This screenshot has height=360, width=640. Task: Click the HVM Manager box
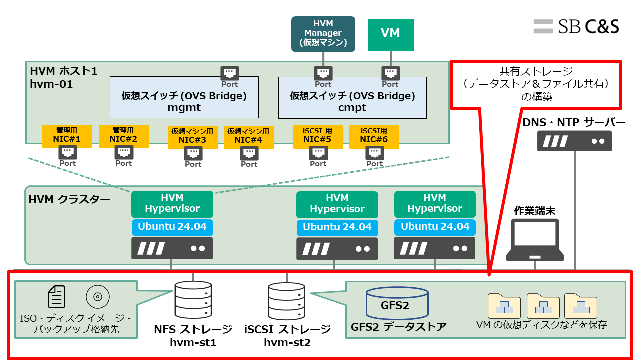click(323, 34)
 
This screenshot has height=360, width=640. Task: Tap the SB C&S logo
click(576, 26)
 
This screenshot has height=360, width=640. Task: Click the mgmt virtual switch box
click(184, 97)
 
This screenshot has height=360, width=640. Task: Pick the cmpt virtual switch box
click(352, 97)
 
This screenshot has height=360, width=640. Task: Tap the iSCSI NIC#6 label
click(374, 136)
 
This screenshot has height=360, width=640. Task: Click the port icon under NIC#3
click(193, 153)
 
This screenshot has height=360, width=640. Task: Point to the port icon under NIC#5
click(318, 153)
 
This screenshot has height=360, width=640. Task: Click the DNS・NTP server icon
click(574, 141)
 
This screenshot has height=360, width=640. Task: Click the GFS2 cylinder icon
click(397, 303)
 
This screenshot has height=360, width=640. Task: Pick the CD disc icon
click(98, 297)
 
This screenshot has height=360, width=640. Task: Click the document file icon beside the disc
click(56, 297)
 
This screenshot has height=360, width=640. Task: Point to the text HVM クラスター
click(69, 200)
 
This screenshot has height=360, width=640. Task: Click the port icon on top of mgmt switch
click(230, 74)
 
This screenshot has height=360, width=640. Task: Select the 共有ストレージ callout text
click(536, 84)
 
